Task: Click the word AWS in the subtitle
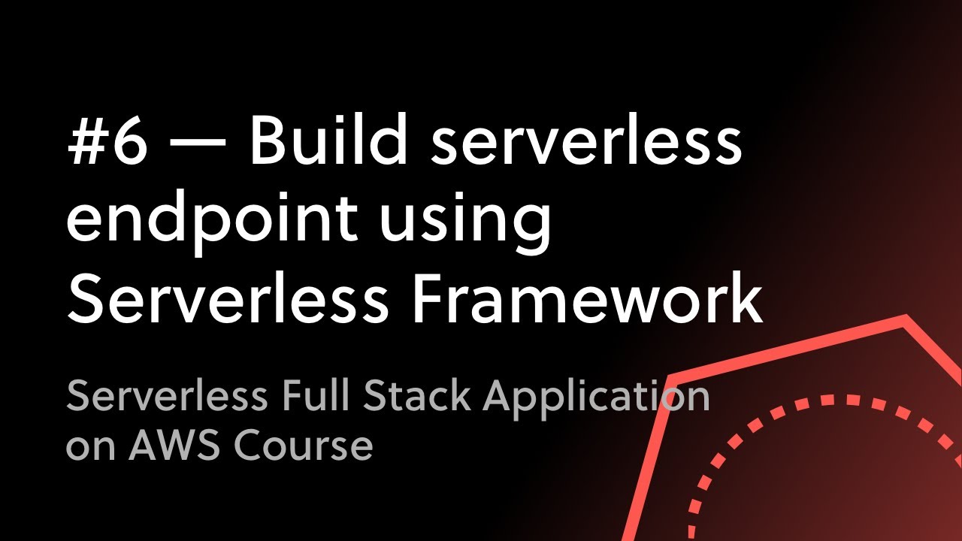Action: tap(176, 446)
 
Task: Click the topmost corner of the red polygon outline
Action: tap(904, 319)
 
